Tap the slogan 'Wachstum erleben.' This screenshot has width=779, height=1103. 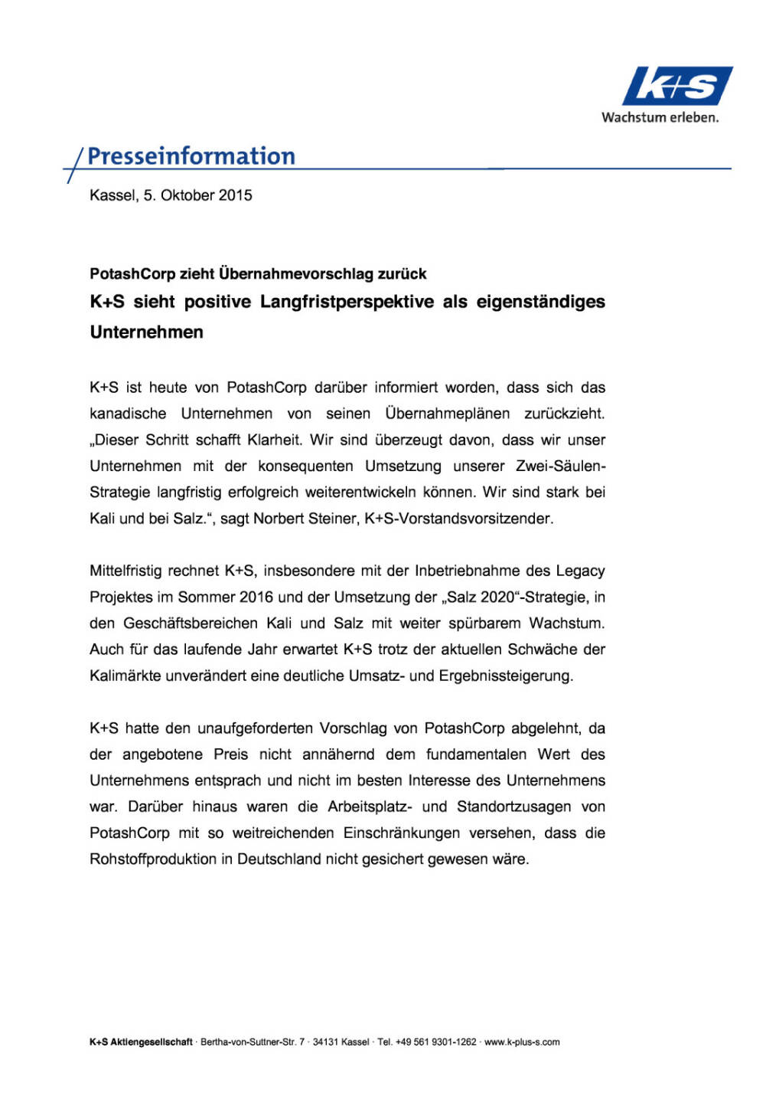pyautogui.click(x=660, y=118)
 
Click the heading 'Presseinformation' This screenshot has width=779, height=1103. pyautogui.click(x=191, y=156)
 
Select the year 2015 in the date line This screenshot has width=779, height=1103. pyautogui.click(x=235, y=195)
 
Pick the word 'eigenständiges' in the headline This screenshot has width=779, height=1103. pyautogui.click(x=540, y=302)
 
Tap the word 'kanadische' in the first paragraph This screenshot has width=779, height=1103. pyautogui.click(x=128, y=414)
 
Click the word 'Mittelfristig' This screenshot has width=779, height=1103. pyautogui.click(x=125, y=571)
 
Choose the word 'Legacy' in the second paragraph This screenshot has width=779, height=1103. pyautogui.click(x=580, y=571)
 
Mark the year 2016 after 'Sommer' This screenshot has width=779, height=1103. pyautogui.click(x=256, y=597)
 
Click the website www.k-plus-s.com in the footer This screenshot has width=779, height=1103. pyautogui.click(x=522, y=1042)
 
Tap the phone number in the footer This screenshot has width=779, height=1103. pyautogui.click(x=435, y=1042)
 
